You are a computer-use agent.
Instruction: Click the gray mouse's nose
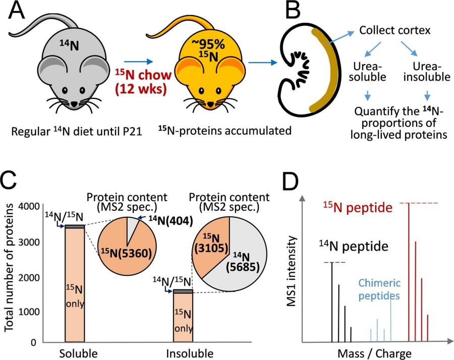[x=74, y=103]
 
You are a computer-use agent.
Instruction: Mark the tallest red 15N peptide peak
[x=409, y=272]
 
